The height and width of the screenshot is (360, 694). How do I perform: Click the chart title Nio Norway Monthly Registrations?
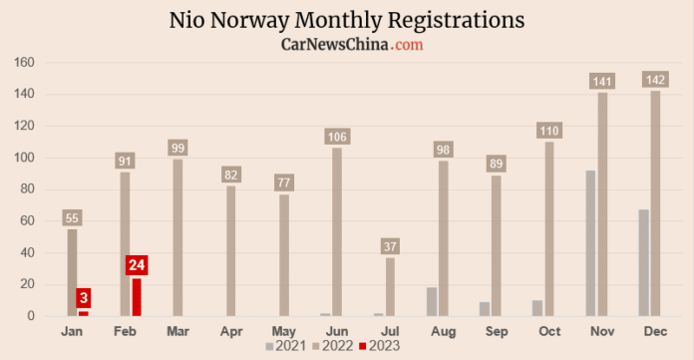tap(346, 20)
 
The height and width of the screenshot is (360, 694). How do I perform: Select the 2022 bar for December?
tap(655, 203)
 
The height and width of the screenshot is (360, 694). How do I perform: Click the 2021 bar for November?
tap(590, 243)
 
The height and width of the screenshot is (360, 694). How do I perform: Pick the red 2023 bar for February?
tap(137, 297)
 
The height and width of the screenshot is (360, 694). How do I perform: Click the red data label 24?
tap(137, 265)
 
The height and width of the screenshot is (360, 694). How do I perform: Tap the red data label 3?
tap(84, 298)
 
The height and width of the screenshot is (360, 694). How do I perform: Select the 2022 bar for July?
tap(390, 287)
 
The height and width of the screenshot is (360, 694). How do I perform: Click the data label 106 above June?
tap(337, 137)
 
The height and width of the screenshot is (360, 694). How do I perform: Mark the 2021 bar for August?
tap(432, 302)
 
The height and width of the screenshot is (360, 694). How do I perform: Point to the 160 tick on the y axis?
tap(25, 63)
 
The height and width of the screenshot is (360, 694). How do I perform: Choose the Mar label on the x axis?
tap(177, 329)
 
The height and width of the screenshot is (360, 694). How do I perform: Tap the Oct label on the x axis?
tap(549, 329)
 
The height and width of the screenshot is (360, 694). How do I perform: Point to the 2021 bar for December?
tap(644, 263)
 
